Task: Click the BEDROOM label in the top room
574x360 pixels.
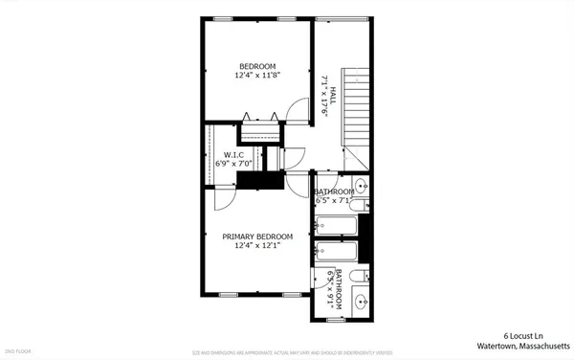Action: (x=257, y=66)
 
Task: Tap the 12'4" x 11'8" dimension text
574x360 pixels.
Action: (x=257, y=76)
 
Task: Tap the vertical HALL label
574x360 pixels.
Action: (x=335, y=95)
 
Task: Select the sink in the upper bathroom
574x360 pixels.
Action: (x=362, y=185)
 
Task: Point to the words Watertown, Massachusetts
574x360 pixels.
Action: (x=517, y=347)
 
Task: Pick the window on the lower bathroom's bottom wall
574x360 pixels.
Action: (x=335, y=319)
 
